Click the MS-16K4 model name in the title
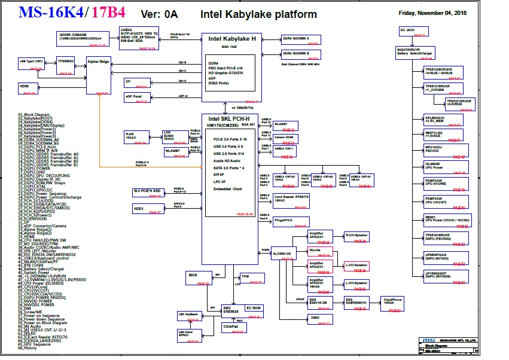coord(51,12)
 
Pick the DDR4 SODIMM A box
coord(303,39)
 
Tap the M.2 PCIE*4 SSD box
coord(147,192)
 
